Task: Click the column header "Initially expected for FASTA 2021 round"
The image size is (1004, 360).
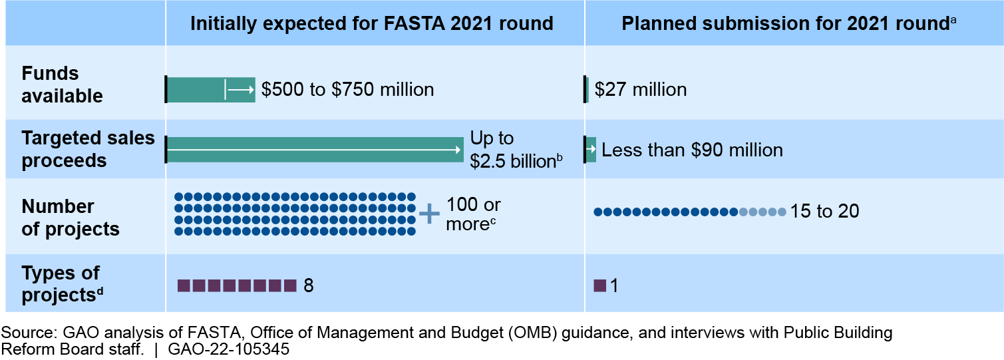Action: click(x=371, y=24)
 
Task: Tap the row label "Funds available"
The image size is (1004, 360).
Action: click(x=62, y=85)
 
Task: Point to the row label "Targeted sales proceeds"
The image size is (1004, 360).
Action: click(x=88, y=150)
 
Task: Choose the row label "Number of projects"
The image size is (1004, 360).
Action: click(x=71, y=218)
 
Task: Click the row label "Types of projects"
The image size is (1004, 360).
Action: click(x=62, y=284)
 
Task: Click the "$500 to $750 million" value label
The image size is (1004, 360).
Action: click(x=347, y=89)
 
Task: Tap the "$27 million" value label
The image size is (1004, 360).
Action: click(x=640, y=89)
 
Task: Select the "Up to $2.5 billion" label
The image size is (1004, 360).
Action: click(x=512, y=150)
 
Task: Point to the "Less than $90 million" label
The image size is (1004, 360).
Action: click(x=692, y=150)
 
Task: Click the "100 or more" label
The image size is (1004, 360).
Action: click(x=472, y=214)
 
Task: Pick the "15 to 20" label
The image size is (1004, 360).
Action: click(x=824, y=212)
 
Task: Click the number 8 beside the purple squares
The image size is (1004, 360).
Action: click(x=308, y=286)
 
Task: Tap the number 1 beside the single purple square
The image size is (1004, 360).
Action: click(x=614, y=286)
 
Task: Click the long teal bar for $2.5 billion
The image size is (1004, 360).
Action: click(x=314, y=150)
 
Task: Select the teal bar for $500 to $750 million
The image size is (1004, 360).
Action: click(x=210, y=89)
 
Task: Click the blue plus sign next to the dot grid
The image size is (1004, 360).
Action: click(x=429, y=214)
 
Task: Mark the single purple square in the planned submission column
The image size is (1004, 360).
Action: click(x=599, y=286)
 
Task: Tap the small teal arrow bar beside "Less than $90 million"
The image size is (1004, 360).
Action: click(x=591, y=149)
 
